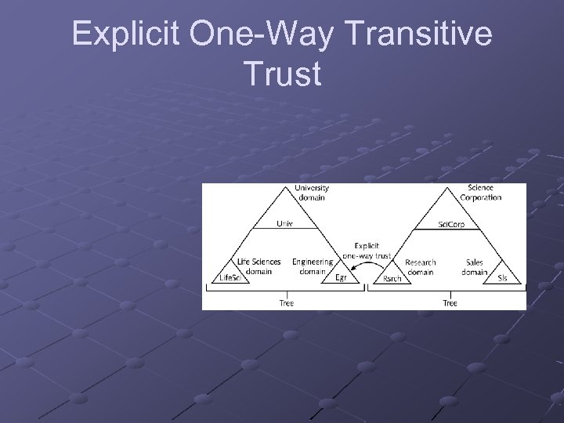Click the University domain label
coord(312,193)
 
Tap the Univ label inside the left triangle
coord(284,223)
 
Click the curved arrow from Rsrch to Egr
coord(364,270)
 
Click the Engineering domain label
coord(312,266)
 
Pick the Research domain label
coord(420,266)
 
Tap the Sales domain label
coord(474,266)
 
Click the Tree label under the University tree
coord(286,303)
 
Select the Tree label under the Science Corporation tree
coord(450,303)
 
